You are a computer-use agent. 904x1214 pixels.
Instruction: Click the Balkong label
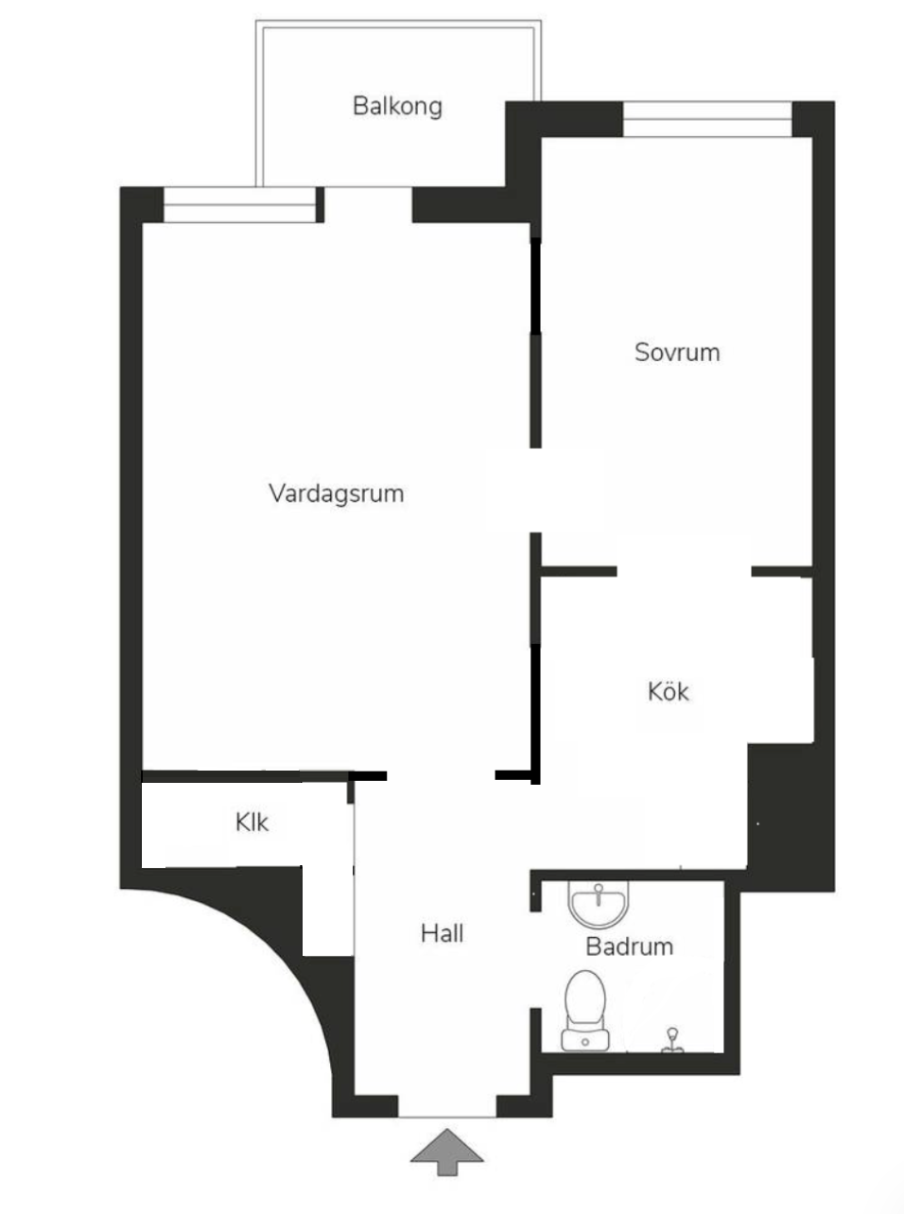(397, 107)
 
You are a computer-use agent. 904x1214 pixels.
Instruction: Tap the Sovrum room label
(677, 352)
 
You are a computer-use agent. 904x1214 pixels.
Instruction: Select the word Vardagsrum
(337, 494)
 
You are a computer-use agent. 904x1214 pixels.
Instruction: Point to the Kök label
(668, 691)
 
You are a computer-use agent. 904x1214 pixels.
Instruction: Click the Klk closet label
(252, 823)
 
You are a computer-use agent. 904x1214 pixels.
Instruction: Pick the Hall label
(442, 933)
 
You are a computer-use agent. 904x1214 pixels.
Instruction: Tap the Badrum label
(629, 946)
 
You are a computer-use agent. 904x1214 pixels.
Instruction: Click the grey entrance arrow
(446, 1152)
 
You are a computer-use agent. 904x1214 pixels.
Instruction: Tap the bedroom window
(707, 119)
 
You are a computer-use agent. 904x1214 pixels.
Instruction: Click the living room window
(240, 205)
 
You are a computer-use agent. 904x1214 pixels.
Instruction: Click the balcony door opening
(368, 205)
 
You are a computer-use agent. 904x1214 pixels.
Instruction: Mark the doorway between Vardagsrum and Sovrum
(535, 490)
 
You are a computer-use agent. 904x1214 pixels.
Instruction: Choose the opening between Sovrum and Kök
(684, 571)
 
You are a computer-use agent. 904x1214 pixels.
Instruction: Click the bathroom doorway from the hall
(535, 960)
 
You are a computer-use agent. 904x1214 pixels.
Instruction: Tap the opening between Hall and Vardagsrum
(441, 775)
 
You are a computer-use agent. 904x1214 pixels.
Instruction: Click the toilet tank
(585, 1039)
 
